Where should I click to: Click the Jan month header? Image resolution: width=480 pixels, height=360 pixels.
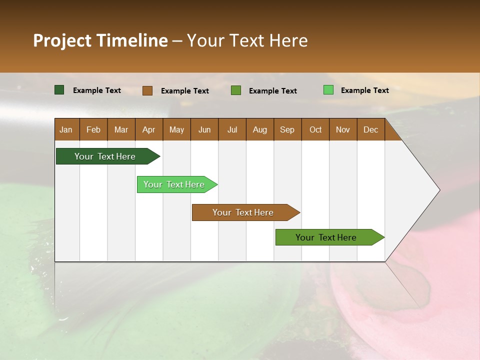tap(66, 129)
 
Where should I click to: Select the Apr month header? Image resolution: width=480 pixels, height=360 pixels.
tap(149, 129)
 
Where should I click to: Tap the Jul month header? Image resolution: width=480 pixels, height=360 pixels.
tap(232, 129)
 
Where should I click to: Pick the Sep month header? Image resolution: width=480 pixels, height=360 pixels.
tap(287, 129)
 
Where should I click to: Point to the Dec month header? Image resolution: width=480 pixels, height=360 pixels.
tap(370, 129)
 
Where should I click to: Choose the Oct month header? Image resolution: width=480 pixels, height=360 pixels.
tap(315, 129)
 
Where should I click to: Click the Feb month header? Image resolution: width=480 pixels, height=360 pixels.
tap(93, 129)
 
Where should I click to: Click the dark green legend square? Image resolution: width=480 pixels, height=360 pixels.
tap(59, 90)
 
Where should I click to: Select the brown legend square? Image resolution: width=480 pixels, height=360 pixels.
tap(147, 90)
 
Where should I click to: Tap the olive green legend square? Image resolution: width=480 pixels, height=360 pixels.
tap(236, 90)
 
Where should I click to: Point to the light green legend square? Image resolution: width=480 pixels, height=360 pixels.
tap(328, 90)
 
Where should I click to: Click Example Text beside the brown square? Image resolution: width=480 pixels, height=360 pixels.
tap(184, 91)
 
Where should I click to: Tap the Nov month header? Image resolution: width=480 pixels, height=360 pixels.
tap(343, 129)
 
